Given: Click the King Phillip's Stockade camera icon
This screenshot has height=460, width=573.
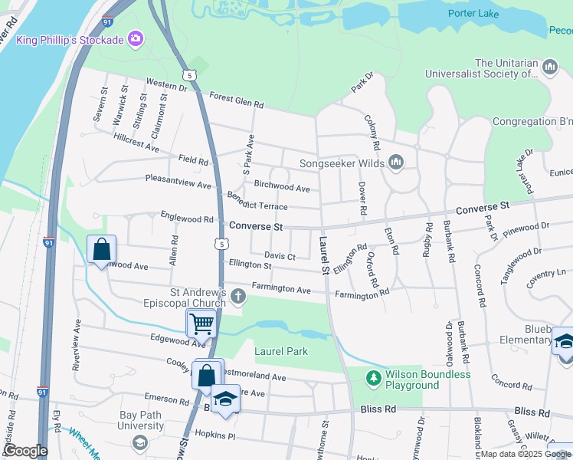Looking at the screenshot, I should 136,38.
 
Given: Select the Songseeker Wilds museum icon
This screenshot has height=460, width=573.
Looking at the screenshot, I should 396,162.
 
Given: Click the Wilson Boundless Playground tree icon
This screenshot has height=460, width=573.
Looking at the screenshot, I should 373,378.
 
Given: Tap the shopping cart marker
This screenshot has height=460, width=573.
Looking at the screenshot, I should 201,324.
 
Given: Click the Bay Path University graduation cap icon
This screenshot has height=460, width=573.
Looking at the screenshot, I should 139,442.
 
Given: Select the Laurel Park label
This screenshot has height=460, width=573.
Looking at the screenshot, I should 280,351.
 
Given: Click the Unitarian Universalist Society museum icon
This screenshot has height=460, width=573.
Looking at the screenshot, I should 550,68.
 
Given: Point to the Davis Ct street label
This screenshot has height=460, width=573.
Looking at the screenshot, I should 280,256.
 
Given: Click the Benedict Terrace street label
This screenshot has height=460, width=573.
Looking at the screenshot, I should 257,202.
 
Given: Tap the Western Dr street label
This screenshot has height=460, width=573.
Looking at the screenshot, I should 166,84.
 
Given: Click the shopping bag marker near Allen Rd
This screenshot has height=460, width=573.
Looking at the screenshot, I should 101,250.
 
